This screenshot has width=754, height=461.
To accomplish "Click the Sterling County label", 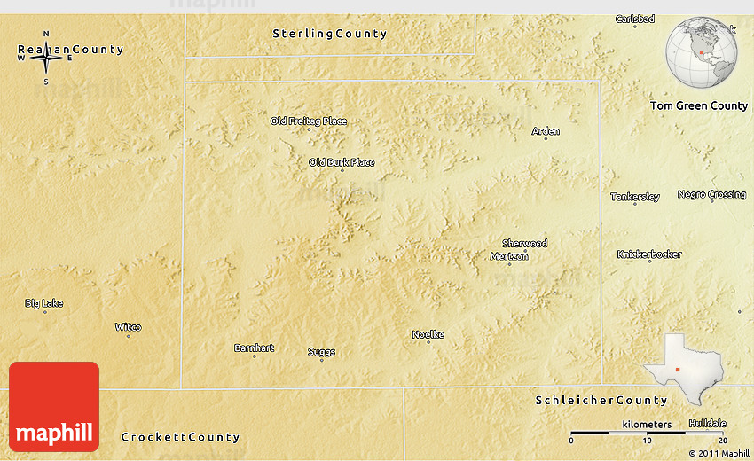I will tap(329, 34).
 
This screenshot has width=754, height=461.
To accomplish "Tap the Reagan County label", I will tap(70, 50).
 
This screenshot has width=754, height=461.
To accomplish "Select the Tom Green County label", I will tap(699, 105).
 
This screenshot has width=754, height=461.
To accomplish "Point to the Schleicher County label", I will tap(601, 401).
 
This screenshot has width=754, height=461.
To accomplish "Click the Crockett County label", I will tap(180, 437).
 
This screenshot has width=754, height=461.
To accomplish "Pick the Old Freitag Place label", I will tap(309, 121).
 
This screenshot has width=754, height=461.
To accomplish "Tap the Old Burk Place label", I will tap(342, 162).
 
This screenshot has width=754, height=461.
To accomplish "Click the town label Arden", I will tap(546, 131).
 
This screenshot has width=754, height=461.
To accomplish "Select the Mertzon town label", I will tap(509, 256).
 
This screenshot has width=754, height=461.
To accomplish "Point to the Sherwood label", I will tap(524, 243).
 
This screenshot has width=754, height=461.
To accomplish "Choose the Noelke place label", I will tap(428, 334).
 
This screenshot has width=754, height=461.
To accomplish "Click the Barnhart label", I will tap(254, 348).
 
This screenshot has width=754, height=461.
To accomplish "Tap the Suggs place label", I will tap(321, 352).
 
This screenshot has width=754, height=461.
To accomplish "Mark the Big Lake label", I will tap(43, 303).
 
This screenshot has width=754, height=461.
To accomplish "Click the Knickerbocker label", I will tap(649, 254).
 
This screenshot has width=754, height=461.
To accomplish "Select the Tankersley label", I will tap(635, 197).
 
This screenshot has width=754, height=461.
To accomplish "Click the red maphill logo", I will tap(54, 407).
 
